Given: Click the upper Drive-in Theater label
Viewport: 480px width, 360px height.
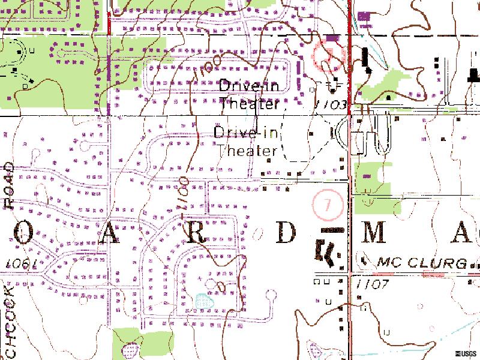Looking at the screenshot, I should point(249,95).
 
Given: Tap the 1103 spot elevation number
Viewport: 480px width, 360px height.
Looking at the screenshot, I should point(331,104).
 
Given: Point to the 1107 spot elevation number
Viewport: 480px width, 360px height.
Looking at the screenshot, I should point(372,283).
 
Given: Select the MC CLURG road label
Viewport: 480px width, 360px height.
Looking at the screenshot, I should point(422,263).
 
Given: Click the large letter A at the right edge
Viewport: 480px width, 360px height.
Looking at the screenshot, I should point(460,234).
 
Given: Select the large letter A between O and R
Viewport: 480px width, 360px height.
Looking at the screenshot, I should point(110,235).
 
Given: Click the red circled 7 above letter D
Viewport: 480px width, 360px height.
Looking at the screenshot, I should point(327,205).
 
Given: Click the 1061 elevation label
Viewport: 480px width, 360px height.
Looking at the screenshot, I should point(22,265).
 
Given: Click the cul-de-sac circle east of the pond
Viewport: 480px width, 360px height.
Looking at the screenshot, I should point(271,295).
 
